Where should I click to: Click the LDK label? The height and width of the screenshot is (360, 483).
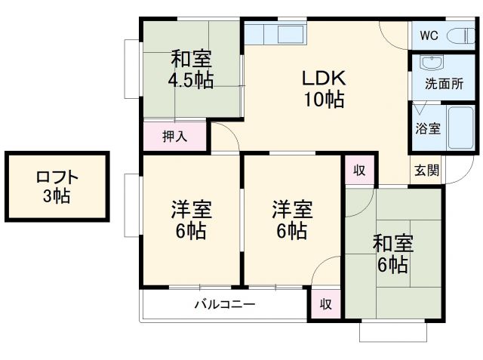pos(325,78)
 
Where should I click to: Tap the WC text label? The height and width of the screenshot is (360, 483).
pos(429,35)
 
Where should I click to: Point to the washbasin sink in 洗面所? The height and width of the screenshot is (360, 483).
pos(431,63)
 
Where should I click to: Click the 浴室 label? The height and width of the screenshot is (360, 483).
pos(428,128)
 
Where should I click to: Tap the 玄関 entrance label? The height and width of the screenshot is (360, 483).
pos(424,171)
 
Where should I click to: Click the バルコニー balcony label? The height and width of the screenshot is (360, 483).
pos(224,305)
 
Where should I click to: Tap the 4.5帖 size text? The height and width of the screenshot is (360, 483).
pos(190,81)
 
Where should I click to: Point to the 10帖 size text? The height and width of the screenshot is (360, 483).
pos(325,98)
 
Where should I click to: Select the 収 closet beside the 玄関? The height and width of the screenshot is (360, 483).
pos(359,171)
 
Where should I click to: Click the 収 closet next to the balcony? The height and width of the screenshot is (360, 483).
pos(325,304)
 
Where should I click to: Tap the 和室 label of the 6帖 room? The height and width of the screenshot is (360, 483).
pos(392,244)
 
